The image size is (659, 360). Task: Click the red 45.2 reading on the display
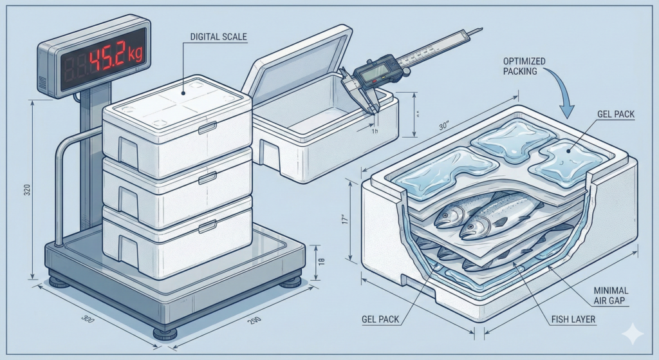tap(110, 59)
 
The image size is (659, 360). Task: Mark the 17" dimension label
tap(346, 219)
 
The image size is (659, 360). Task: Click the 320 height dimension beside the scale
tap(26, 191)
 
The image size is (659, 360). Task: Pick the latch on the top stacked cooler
tap(207, 128)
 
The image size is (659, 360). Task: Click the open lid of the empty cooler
tap(293, 64)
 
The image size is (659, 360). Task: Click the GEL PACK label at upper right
tap(617, 115)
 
